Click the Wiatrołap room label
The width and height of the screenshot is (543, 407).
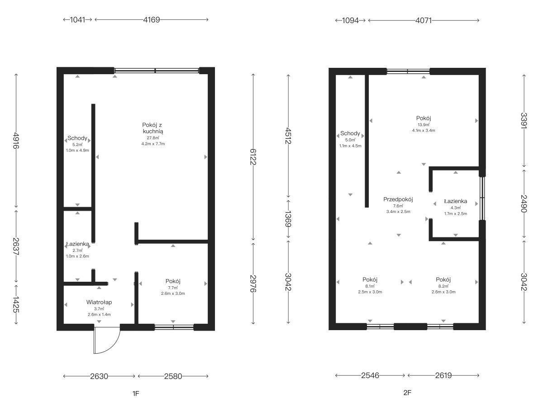tap(99, 302)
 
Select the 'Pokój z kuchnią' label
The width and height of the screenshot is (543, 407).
tap(152, 128)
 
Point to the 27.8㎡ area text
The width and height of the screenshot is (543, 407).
tap(153, 138)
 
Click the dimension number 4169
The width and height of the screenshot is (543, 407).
tap(152, 19)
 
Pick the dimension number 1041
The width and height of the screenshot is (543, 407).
tap(78, 19)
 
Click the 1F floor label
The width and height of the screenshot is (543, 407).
tap(136, 393)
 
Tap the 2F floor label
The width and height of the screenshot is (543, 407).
tap(407, 393)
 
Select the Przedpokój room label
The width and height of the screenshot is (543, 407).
tap(398, 199)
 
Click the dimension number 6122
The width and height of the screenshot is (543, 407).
tap(253, 156)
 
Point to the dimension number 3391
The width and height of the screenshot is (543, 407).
tap(524, 121)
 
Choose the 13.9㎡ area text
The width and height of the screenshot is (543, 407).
tap(424, 125)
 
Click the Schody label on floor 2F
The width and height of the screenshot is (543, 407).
tap(350, 133)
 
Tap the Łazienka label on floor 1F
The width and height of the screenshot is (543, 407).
tap(77, 244)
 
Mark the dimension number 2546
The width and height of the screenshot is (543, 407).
tap(370, 375)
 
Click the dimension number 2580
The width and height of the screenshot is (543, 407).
tap(173, 376)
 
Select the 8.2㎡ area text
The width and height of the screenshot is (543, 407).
tap(443, 286)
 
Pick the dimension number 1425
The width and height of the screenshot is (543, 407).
tap(16, 305)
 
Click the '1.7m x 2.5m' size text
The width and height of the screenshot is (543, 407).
tap(455, 213)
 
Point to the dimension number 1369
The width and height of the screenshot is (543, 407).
tap(288, 219)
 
